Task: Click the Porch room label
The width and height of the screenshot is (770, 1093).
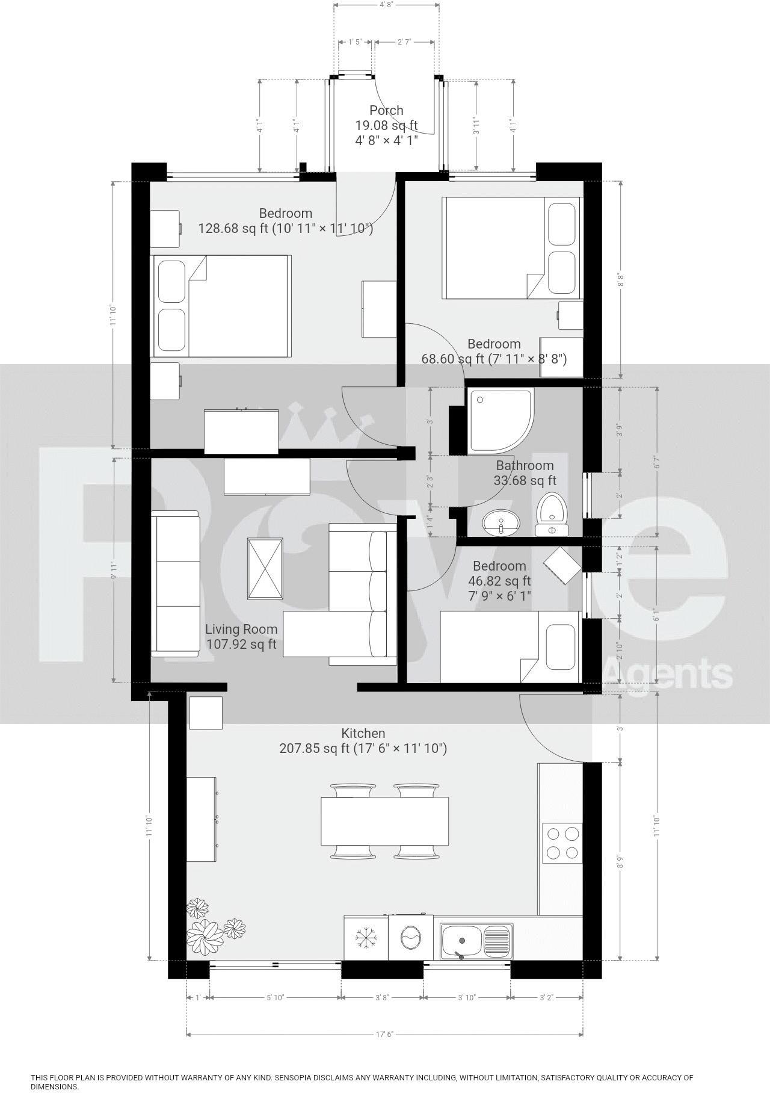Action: [x=386, y=110]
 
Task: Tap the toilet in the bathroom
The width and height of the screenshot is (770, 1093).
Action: [x=551, y=515]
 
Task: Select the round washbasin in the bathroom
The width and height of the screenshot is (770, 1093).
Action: [x=500, y=522]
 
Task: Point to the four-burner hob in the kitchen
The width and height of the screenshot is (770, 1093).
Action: [x=562, y=842]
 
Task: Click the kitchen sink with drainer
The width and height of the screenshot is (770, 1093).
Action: [x=475, y=941]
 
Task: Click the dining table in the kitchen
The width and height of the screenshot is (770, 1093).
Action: [x=385, y=822]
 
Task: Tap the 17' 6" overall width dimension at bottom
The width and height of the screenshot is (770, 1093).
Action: [x=385, y=1034]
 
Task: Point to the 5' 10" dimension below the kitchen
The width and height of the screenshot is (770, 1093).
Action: [x=275, y=997]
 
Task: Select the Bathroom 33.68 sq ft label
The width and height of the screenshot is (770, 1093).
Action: [x=525, y=473]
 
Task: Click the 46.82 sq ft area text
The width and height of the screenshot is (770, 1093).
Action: [x=499, y=581]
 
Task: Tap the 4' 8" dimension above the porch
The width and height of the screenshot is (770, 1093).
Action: [x=386, y=4]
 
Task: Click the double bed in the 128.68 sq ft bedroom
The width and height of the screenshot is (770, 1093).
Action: [x=223, y=305]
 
